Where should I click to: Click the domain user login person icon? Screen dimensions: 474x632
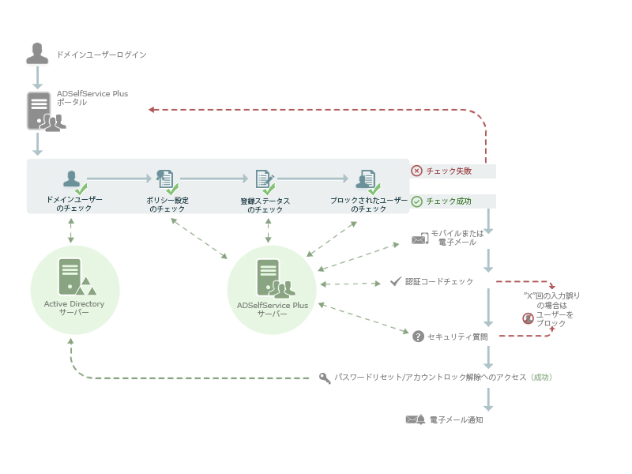click(37, 53)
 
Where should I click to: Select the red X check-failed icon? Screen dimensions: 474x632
click(416, 171)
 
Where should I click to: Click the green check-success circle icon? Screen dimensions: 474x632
click(416, 201)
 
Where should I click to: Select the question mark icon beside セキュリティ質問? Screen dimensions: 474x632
click(418, 337)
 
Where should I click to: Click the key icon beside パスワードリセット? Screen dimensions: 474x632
click(325, 378)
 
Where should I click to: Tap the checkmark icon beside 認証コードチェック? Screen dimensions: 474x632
click(396, 281)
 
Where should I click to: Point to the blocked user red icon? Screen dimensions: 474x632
click(528, 318)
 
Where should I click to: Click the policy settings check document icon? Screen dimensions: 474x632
click(167, 182)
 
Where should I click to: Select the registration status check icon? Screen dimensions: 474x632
click(265, 182)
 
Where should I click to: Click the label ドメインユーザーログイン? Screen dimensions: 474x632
click(101, 55)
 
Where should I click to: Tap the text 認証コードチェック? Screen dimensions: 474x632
click(439, 281)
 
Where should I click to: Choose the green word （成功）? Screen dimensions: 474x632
click(541, 378)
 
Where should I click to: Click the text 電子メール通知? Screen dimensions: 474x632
click(456, 420)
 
